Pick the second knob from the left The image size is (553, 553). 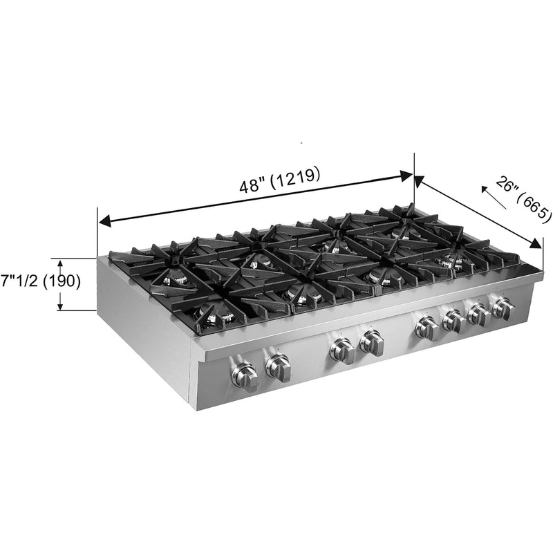[x=278, y=367]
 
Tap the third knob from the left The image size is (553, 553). [x=342, y=350]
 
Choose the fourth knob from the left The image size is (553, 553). [x=372, y=342]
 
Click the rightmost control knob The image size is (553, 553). [x=503, y=308]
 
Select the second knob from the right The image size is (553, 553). [x=478, y=315]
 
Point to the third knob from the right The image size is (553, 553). [x=453, y=320]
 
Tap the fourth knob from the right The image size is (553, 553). [x=427, y=327]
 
